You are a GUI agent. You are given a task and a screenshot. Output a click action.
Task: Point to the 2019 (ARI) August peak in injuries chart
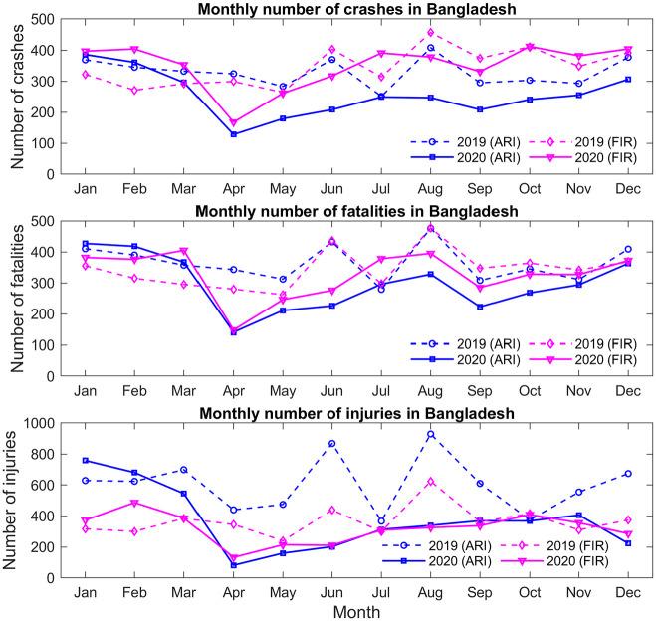[x=431, y=434]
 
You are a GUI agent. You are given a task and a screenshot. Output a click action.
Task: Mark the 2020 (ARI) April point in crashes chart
[x=234, y=134]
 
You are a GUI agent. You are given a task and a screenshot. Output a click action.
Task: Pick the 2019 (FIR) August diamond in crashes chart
[x=431, y=32]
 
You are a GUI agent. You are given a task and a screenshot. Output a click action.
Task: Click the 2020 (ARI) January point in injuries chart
[x=87, y=461]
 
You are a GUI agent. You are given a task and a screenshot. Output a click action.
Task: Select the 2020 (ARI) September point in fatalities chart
[x=481, y=307]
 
